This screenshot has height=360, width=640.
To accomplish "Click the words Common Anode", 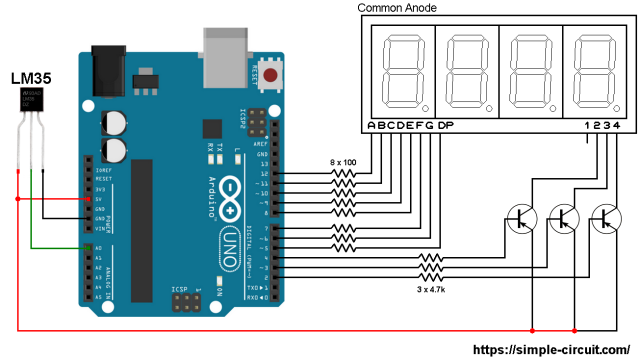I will [x=397, y=8].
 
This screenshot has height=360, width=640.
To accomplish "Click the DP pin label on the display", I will [x=446, y=125].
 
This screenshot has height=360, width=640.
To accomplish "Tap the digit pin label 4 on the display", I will [x=618, y=125].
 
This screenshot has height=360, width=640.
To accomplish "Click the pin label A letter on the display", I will [x=372, y=125].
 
